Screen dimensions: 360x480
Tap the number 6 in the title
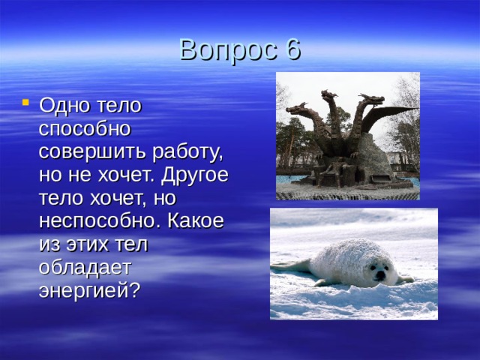pyautogui.click(x=292, y=49)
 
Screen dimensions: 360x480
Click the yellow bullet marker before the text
pyautogui.click(x=25, y=103)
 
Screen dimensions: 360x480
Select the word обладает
pyautogui.click(x=85, y=267)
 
